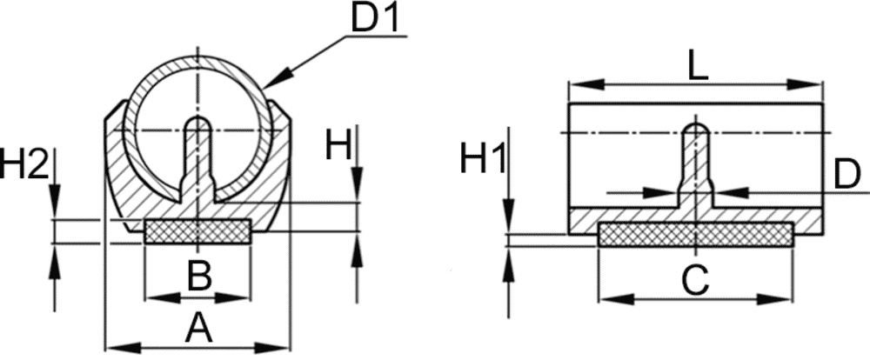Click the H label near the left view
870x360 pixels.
click(338, 146)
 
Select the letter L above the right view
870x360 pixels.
click(698, 68)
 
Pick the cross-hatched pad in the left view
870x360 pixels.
click(197, 231)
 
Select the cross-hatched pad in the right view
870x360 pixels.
click(695, 234)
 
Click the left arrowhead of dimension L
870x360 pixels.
click(586, 84)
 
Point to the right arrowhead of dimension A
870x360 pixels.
click(273, 348)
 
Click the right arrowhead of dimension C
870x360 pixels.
click(775, 299)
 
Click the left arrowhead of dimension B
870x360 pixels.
click(163, 298)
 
